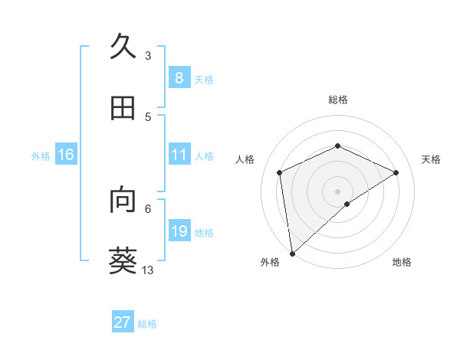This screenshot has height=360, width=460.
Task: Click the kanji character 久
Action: click(x=123, y=47)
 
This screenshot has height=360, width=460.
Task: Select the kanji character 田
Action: click(x=123, y=109)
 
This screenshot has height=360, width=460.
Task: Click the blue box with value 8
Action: click(x=179, y=77)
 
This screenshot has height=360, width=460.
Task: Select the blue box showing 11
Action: click(x=179, y=155)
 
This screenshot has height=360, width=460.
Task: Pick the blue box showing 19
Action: click(x=179, y=231)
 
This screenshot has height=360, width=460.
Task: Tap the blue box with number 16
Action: click(x=66, y=155)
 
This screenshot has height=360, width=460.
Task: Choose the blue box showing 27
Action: click(x=123, y=322)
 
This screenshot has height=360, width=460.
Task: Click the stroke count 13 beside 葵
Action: click(x=148, y=270)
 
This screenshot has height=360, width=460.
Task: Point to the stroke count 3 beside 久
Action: click(x=148, y=56)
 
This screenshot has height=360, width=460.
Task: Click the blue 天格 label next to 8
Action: click(x=204, y=79)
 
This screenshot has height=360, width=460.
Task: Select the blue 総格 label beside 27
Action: click(x=147, y=324)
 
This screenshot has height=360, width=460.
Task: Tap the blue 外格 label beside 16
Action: click(x=41, y=156)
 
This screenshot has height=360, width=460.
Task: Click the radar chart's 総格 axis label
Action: click(x=337, y=100)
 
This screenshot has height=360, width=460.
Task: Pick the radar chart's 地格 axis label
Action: click(x=402, y=262)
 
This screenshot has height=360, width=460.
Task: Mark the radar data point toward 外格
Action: click(x=291, y=253)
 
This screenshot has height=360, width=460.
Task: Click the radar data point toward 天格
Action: click(x=396, y=172)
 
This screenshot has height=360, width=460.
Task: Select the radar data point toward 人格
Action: click(x=280, y=172)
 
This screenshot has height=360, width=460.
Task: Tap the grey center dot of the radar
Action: click(x=337, y=191)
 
